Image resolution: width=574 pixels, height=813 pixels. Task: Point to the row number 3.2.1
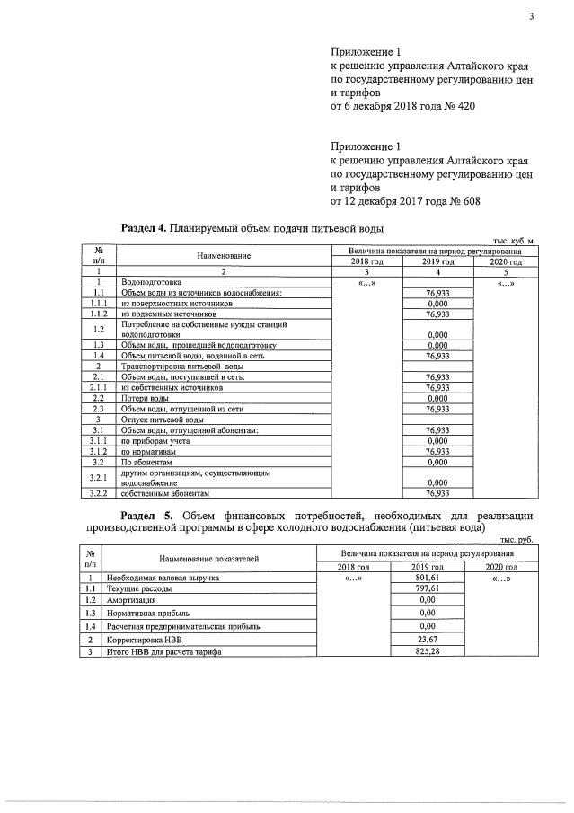pos(100,477)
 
